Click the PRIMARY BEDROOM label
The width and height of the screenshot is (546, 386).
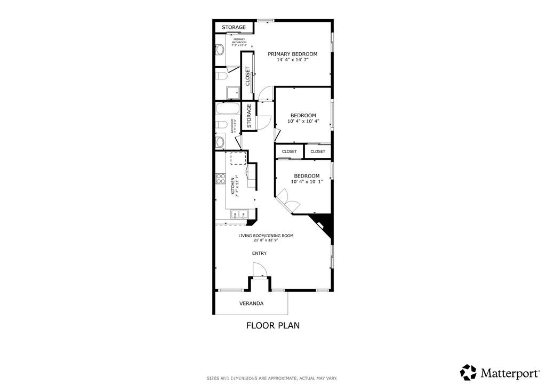(292, 54)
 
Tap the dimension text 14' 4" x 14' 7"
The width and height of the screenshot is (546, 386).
(292, 60)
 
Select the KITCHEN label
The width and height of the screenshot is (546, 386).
(232, 187)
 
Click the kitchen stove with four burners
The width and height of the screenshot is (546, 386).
(220, 179)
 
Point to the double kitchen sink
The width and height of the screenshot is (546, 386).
(238, 215)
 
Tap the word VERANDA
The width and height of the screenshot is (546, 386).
(251, 303)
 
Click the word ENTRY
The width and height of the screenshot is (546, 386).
(259, 253)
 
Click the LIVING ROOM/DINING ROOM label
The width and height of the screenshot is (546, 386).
(266, 236)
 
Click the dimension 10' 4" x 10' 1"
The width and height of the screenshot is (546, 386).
(307, 182)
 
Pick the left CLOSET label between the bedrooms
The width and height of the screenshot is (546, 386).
(289, 151)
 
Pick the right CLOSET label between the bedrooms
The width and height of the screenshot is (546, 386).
(318, 151)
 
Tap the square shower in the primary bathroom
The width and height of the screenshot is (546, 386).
(232, 93)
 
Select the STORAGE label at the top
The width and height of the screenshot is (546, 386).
(234, 27)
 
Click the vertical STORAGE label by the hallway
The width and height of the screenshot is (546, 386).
(249, 116)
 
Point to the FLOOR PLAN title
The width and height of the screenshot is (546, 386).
(272, 325)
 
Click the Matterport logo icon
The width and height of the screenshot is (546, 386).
(468, 372)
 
